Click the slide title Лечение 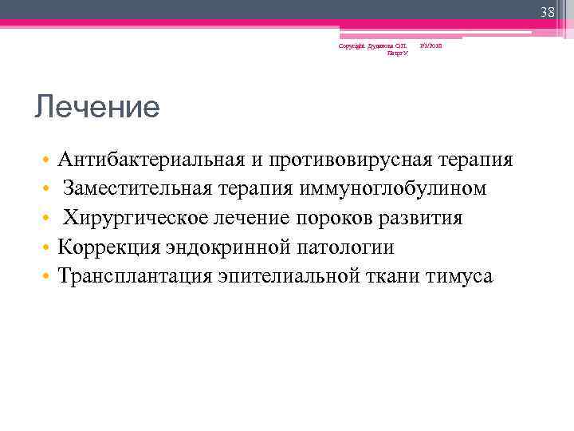(96, 106)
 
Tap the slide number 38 (547, 11)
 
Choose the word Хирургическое (129, 218)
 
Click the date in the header (431, 46)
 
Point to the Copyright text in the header (373, 46)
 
